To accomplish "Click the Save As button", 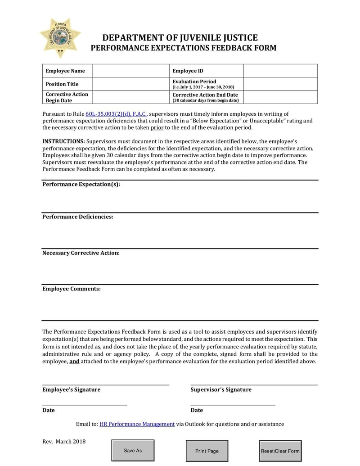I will pos(133,450).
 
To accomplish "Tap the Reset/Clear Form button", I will pos(280,451).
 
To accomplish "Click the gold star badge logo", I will pos(60,38).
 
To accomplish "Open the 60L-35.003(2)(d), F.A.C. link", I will pos(116,114).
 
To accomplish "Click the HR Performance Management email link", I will pos(137,424).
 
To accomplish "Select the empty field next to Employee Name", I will pos(130,71).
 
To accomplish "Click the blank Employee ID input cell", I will pos(280,71).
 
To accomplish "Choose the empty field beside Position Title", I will pos(130,84).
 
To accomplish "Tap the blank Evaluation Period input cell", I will pos(280,84).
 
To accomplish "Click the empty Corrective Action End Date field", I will pos(280,97).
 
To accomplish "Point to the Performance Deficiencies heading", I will pos(77,217).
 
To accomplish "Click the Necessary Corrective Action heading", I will pos(81,253).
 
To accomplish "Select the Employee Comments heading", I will pos(72,289).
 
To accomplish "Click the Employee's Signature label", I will pos(72,389).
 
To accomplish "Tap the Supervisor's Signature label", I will pos(221,389).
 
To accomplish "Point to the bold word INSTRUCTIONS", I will pos(63,141).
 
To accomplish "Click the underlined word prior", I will pos(157,127).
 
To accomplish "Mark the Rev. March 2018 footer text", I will pos(64,441).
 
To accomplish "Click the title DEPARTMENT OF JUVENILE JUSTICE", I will pos(180,38).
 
